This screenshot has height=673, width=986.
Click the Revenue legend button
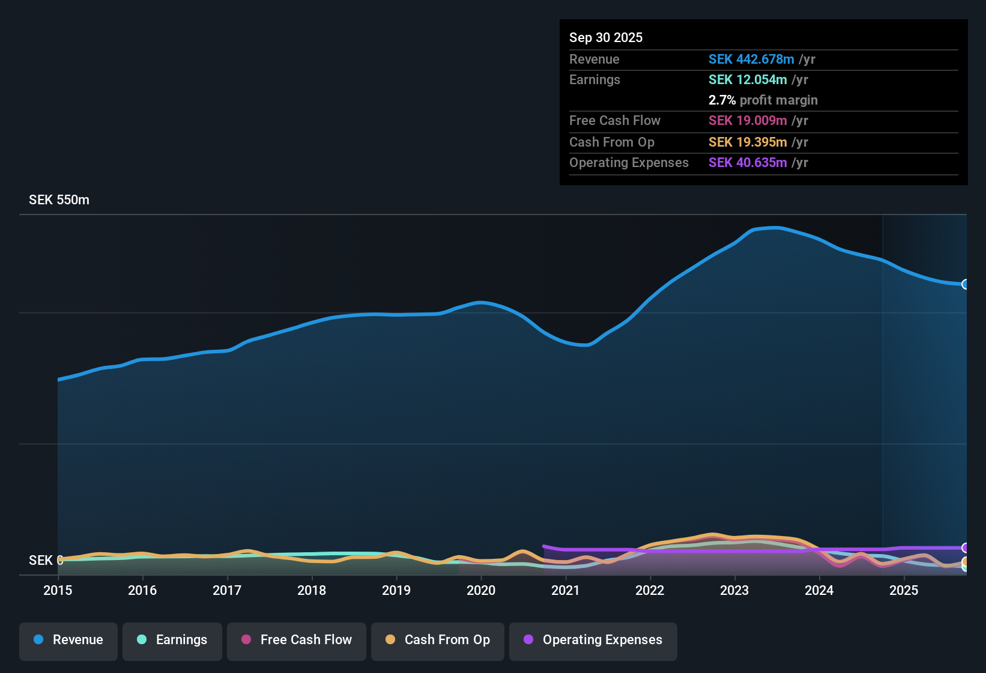pyautogui.click(x=68, y=640)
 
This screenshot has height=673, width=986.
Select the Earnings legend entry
pyautogui.click(x=172, y=640)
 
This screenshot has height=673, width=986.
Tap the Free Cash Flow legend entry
pyautogui.click(x=296, y=640)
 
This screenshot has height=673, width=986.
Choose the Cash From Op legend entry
pyautogui.click(x=437, y=640)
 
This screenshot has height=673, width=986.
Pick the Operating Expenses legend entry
pyautogui.click(x=593, y=640)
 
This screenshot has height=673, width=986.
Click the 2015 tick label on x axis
pyautogui.click(x=58, y=591)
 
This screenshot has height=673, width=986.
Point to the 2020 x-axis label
pyautogui.click(x=481, y=591)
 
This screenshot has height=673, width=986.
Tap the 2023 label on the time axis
pyautogui.click(x=734, y=591)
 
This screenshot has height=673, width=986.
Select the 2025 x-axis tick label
pyautogui.click(x=904, y=591)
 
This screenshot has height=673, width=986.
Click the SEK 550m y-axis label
pyautogui.click(x=59, y=200)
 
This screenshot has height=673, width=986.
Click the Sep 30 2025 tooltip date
pyautogui.click(x=605, y=38)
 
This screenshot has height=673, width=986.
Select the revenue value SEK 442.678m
pyautogui.click(x=751, y=59)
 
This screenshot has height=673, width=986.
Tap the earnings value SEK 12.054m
pyautogui.click(x=747, y=80)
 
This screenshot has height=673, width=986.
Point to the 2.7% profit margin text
pyautogui.click(x=763, y=100)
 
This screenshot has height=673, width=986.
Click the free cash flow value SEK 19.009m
pyautogui.click(x=747, y=121)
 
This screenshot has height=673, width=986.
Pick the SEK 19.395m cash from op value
pyautogui.click(x=747, y=142)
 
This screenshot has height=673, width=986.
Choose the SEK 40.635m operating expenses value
pyautogui.click(x=747, y=163)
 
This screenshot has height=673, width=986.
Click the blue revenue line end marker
pyautogui.click(x=965, y=284)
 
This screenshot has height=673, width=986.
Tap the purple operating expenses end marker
pyautogui.click(x=965, y=548)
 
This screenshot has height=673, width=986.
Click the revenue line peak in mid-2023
pyautogui.click(x=776, y=228)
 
